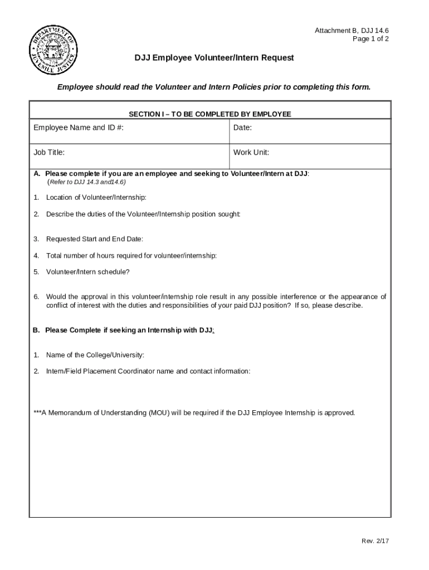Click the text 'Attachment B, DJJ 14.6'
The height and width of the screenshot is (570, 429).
[352, 31]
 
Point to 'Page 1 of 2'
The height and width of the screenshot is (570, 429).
[370, 39]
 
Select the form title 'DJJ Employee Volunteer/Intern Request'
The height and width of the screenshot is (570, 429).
[214, 58]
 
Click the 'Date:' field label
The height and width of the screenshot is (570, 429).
[242, 127]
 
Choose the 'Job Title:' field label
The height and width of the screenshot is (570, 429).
[49, 152]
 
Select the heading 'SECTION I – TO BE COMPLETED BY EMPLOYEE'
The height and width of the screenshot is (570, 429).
[210, 114]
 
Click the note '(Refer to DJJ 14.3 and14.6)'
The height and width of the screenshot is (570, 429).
[86, 182]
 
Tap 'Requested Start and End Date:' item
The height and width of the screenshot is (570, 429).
[94, 239]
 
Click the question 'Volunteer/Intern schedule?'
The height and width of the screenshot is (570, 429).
[87, 272]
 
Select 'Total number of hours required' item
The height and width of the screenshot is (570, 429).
[131, 255]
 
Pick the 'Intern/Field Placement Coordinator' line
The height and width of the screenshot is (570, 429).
[148, 371]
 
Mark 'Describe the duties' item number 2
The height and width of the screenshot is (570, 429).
[36, 214]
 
